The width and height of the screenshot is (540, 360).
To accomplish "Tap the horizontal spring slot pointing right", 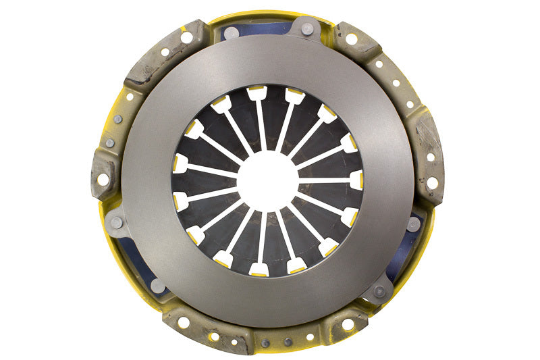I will click(324, 180).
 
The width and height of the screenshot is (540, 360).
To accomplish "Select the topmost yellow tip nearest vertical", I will click(257, 93).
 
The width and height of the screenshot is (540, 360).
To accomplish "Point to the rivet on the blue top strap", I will click(307, 28).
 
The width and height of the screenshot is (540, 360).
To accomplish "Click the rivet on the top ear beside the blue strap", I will click(230, 32).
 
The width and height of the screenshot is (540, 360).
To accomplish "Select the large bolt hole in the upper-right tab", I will click(351, 38).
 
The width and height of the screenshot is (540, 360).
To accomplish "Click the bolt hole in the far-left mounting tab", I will click(103, 180).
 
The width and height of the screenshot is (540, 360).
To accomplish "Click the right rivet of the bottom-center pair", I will click(286, 342).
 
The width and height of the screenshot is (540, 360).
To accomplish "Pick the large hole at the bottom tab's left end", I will click(184, 323).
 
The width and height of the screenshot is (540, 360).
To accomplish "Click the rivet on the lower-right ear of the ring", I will click(379, 291).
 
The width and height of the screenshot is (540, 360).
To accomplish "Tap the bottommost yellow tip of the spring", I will click(259, 269).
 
